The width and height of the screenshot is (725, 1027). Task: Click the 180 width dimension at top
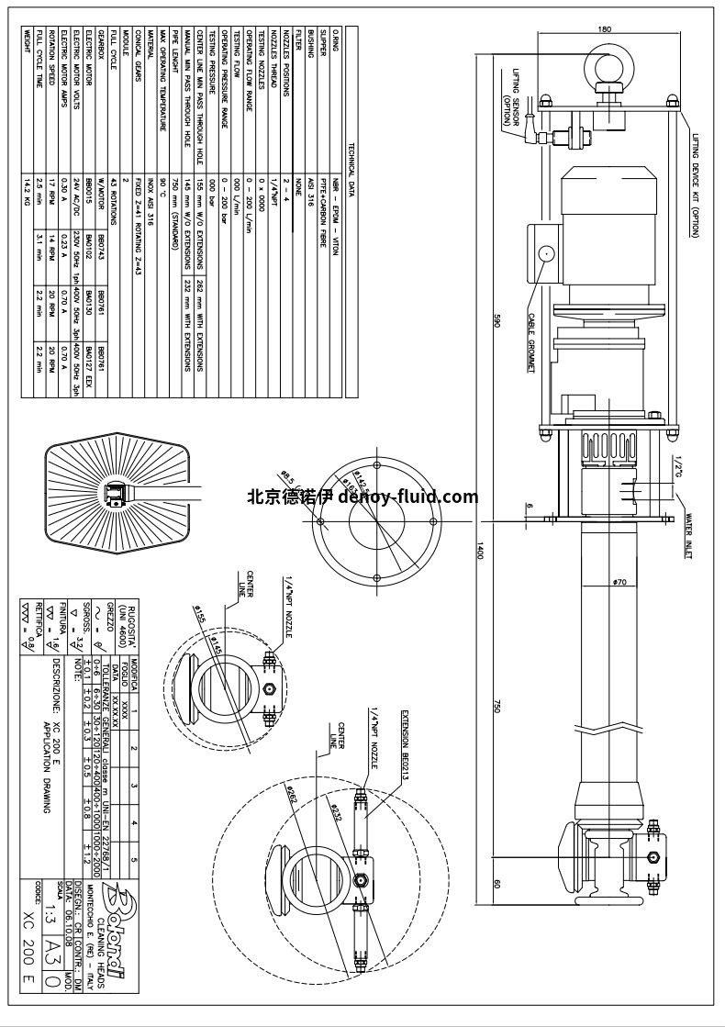tap(604, 29)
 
